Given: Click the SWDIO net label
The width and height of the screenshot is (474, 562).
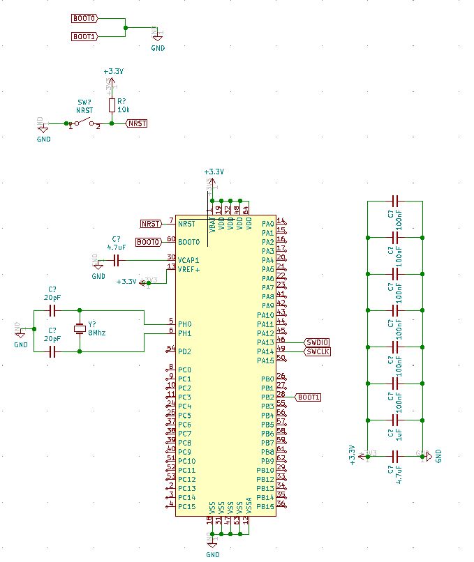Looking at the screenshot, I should (317, 342).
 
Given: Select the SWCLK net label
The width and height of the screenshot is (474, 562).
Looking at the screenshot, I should (317, 351).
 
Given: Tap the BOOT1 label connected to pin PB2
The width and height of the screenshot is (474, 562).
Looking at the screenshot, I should (309, 397).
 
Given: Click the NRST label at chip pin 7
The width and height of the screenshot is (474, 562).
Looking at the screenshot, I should (151, 224).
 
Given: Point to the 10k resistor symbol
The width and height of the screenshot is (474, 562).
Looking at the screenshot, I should (112, 105).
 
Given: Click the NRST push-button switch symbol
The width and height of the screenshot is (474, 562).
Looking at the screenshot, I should (84, 124).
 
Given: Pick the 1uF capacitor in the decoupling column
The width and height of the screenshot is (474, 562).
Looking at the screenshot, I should (395, 420).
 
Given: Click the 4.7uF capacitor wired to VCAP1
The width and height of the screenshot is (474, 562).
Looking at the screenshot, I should (117, 260).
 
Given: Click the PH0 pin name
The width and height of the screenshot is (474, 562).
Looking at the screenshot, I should (184, 324).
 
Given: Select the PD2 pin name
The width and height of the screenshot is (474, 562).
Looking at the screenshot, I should (184, 351).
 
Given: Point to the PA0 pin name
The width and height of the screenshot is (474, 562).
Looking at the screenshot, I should (267, 224).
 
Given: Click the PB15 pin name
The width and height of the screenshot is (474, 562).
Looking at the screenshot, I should (265, 506).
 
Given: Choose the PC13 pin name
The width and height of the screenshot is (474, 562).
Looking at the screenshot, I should (186, 488).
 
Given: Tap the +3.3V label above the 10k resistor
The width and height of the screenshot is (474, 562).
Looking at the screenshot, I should (113, 71).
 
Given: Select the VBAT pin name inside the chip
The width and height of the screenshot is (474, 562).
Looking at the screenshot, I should (212, 224).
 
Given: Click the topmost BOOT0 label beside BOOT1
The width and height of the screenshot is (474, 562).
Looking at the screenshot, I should (84, 17).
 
